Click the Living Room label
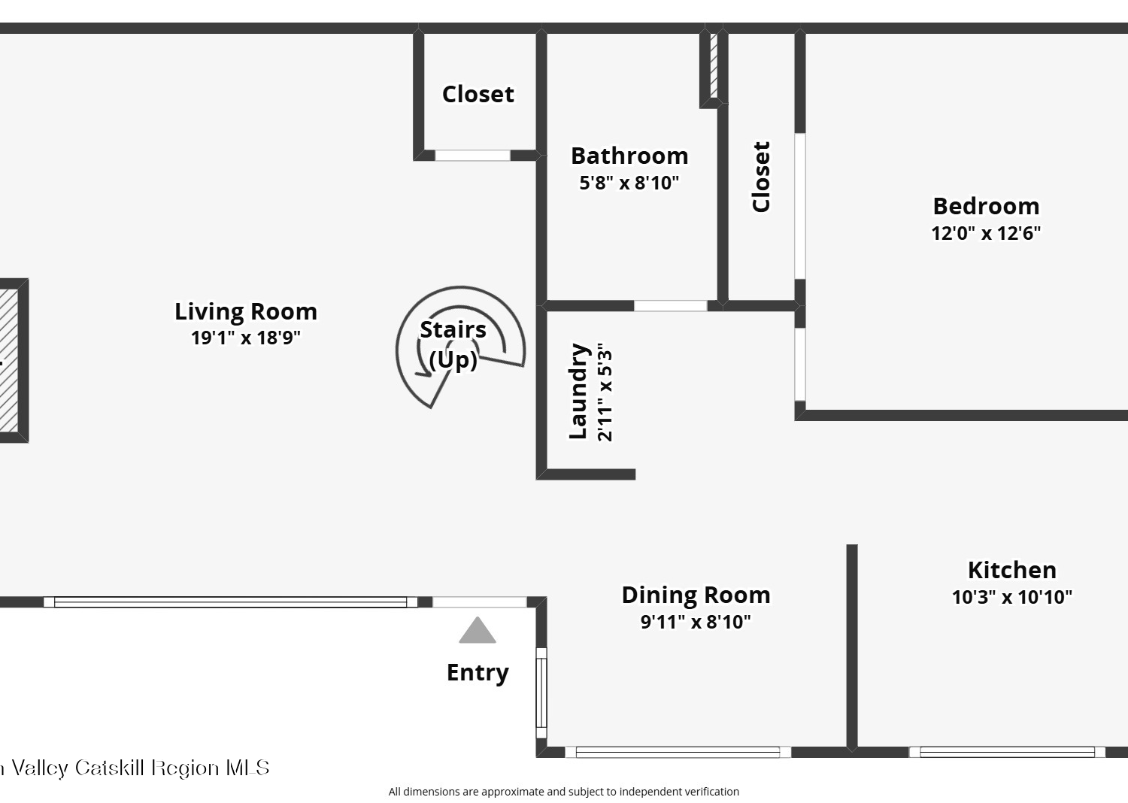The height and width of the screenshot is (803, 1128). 246,311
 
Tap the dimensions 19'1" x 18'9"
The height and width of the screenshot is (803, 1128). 246,338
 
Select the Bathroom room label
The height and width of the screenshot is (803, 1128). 629,156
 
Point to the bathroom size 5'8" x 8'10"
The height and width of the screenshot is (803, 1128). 629,182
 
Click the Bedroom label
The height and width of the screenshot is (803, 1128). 986,206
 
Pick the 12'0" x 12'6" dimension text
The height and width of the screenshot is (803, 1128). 986,233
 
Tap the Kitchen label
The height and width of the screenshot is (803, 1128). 1012,570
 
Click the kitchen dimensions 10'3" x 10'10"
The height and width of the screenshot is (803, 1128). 1012,597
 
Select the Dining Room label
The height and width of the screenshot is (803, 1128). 696,595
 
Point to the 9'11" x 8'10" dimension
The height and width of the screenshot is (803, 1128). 696,622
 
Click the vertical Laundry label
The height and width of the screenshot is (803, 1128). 578,391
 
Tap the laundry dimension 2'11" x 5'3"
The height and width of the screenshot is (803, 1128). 605,392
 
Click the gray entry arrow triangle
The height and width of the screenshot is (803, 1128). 478,631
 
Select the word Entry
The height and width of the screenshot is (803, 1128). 478,673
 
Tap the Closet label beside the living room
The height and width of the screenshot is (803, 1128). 478,94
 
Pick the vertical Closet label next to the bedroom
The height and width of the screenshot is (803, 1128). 761,177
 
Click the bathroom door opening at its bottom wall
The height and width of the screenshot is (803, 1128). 670,305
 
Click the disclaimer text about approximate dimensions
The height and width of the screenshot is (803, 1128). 563,792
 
